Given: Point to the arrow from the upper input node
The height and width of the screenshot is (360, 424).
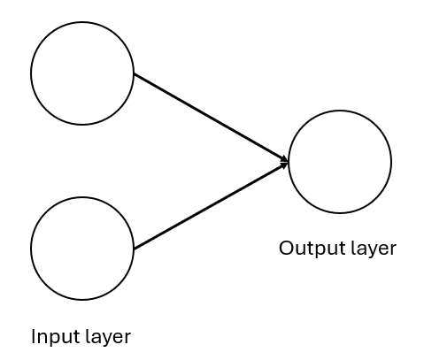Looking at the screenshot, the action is (x=211, y=118).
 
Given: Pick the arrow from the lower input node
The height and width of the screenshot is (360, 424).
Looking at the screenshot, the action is (x=211, y=205).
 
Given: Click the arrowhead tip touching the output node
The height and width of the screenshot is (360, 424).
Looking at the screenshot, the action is (x=288, y=162).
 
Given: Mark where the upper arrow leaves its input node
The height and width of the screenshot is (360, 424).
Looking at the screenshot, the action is (x=135, y=74).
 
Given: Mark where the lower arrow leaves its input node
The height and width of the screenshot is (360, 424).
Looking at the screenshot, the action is (x=135, y=249).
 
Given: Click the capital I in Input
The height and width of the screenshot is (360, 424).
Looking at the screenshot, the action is (x=34, y=336).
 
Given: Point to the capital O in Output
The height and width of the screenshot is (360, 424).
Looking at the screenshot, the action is (x=287, y=248).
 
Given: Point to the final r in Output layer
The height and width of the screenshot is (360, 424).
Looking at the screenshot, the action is (x=393, y=249).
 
